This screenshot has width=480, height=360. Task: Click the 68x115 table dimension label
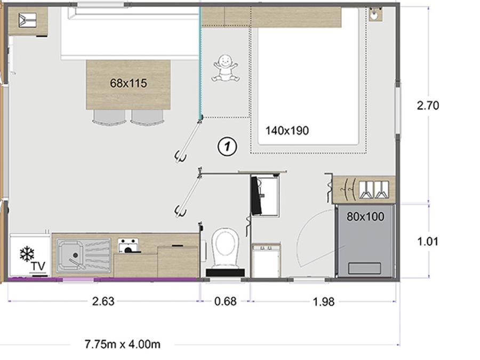point(128,83)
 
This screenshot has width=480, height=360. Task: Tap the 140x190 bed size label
point(287,131)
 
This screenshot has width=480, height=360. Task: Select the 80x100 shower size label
point(365,217)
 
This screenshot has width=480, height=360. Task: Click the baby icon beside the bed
point(225,68)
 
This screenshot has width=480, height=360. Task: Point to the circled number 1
point(227,146)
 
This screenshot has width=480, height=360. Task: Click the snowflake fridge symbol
point(27,254)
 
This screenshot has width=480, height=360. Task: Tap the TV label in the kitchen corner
point(38,266)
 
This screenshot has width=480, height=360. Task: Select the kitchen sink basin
point(71,255)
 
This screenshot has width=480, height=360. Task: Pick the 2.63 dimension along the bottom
point(103,301)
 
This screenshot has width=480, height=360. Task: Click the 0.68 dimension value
point(225,301)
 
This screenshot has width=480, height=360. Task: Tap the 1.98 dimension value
point(324,302)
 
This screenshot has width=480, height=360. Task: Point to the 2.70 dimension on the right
point(428,106)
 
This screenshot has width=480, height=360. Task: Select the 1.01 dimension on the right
point(428,242)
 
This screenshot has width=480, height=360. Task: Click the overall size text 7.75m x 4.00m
point(123,345)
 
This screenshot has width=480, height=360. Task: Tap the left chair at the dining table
point(109,117)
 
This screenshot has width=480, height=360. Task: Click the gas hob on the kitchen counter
point(128,245)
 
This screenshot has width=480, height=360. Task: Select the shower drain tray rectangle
point(365,268)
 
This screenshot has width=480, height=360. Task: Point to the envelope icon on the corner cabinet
point(28,20)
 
